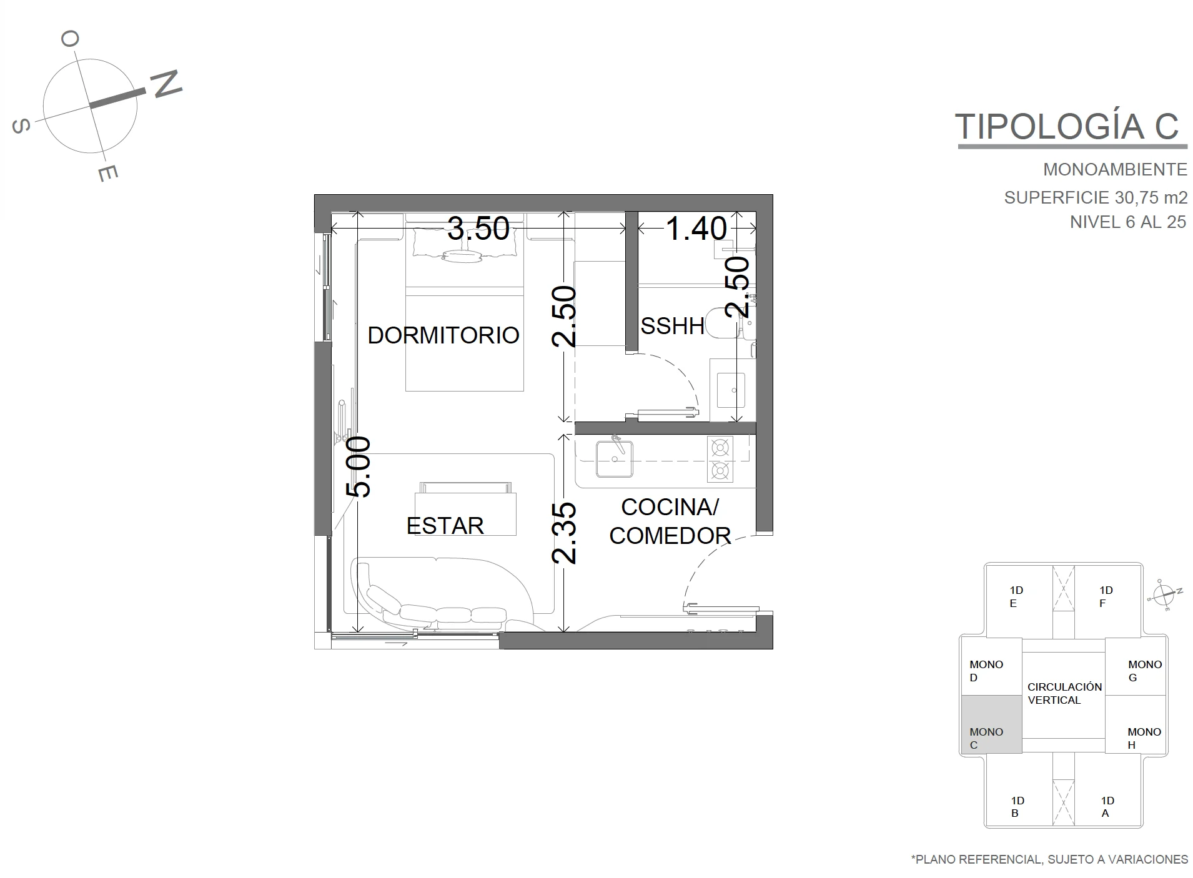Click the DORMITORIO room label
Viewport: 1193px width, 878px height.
[443, 335]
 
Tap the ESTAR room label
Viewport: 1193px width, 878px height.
[445, 526]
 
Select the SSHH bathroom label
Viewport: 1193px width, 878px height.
[672, 326]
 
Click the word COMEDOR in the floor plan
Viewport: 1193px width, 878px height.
[670, 536]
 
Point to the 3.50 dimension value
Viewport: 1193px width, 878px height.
[478, 229]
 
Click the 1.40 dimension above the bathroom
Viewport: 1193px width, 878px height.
[696, 229]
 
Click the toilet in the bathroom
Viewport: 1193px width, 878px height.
[722, 324]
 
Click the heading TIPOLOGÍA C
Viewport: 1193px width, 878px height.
[1067, 126]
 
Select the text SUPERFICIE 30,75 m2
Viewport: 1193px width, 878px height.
[1096, 197]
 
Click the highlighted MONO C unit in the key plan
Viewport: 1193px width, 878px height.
[991, 724]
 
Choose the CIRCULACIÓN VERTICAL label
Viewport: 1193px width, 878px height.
[1064, 693]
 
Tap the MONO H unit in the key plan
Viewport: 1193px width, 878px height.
[1136, 724]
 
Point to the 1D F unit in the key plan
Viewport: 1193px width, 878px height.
[1106, 596]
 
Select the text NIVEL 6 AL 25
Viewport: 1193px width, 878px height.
[1127, 222]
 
